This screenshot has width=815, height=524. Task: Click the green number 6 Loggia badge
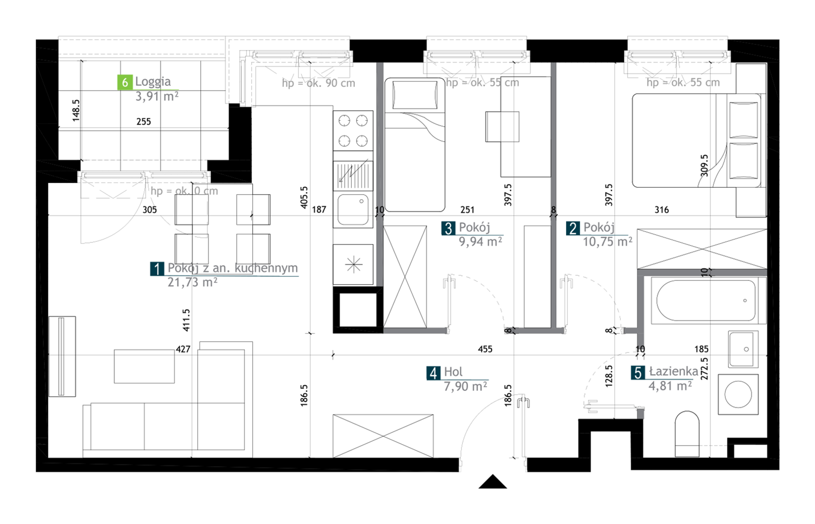124,82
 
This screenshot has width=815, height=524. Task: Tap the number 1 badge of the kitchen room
157,269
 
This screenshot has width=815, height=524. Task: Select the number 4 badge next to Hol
433,373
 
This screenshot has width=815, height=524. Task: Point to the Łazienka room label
673,371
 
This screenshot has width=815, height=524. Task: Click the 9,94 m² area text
480,242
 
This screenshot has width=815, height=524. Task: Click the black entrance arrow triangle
492,482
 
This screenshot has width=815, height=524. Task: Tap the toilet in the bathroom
687,434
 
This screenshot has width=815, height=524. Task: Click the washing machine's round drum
738,394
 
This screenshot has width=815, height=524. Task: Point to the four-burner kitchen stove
353,130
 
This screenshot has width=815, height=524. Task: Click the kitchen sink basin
353,210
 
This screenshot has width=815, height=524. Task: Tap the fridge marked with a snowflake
353,265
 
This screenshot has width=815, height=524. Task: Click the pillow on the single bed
415,95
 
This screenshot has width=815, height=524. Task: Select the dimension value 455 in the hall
485,349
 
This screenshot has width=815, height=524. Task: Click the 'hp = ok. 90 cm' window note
318,83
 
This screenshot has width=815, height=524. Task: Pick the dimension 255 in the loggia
144,122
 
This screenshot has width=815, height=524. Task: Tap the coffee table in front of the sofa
144,366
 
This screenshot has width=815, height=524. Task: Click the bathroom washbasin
743,349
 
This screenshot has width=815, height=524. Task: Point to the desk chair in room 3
502,126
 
